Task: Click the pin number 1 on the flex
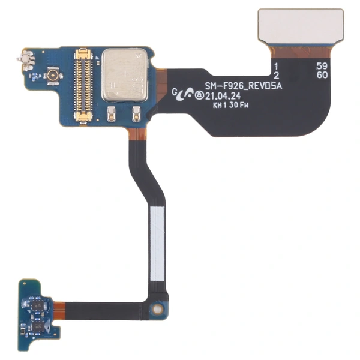click(275, 65)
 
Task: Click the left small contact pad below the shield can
click(112, 113)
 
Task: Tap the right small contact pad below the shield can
click(136, 112)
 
